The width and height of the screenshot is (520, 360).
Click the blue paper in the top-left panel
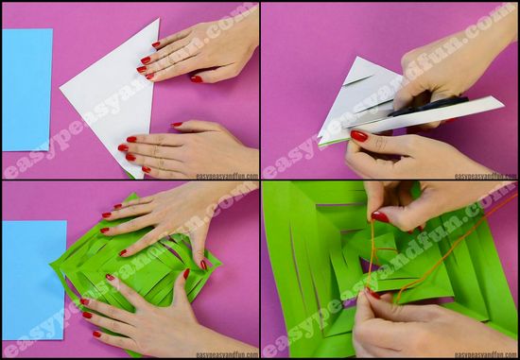tap(27, 90)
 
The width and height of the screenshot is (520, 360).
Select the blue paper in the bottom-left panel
tap(34, 280)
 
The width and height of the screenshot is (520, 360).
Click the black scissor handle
tap(428, 106)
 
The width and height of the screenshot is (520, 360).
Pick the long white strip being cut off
tap(425, 114)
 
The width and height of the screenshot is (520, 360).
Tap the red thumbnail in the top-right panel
tap(359, 135)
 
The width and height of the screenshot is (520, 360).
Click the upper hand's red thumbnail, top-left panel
tap(197, 78)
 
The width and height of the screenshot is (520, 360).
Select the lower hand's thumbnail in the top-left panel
tap(177, 125)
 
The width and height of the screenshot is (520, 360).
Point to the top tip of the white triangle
tap(159, 19)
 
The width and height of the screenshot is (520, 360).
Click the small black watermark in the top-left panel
tap(227, 176)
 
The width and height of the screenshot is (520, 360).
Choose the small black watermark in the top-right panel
tap(486, 176)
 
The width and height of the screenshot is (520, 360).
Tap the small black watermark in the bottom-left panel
tap(227, 354)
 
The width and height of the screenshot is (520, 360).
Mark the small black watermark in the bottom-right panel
tap(486, 354)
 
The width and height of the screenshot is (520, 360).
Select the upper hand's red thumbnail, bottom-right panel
tap(380, 216)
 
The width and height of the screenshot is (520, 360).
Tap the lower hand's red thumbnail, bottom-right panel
tap(373, 294)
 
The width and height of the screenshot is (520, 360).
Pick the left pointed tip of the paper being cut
tap(319, 136)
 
